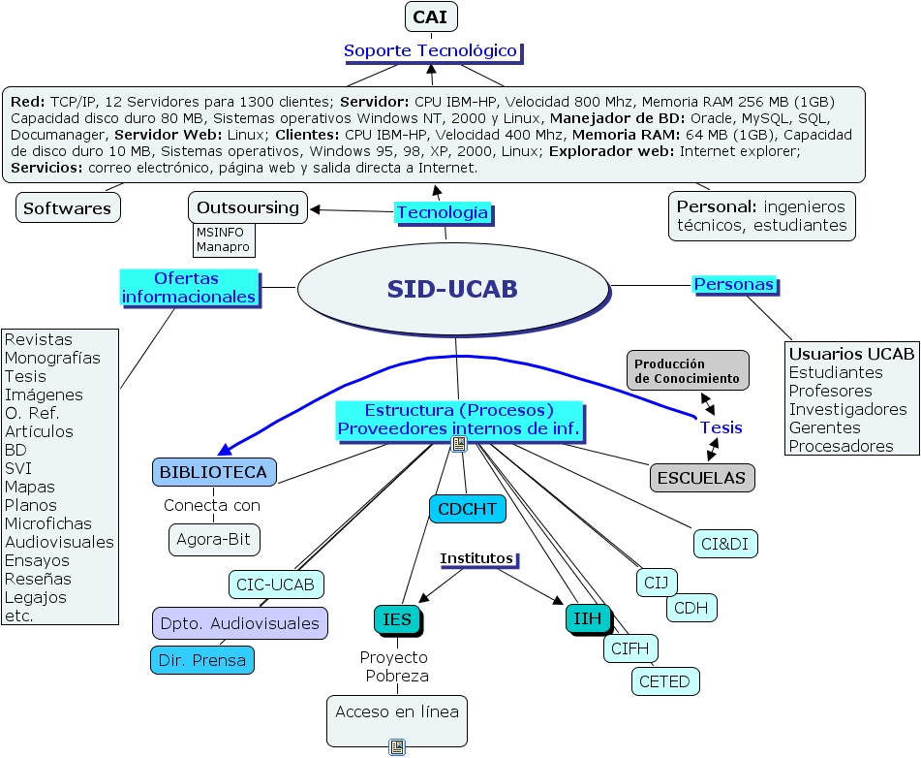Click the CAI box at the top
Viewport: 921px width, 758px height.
(x=430, y=16)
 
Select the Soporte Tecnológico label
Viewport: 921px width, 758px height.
(x=431, y=50)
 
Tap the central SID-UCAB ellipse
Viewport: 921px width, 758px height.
(x=452, y=288)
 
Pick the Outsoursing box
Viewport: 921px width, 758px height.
(x=248, y=207)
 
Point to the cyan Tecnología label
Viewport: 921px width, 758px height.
(x=443, y=212)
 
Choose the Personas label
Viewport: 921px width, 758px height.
(x=734, y=284)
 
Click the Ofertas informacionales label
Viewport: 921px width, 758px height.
(x=190, y=287)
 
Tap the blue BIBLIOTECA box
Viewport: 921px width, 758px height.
(x=214, y=472)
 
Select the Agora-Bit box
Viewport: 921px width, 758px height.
(x=215, y=539)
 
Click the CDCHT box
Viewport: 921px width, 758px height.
(x=467, y=509)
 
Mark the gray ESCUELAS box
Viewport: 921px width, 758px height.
(x=702, y=477)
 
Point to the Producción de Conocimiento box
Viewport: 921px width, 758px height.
(x=688, y=370)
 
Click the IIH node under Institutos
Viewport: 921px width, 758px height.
(x=588, y=618)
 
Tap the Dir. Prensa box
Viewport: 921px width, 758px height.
(x=202, y=660)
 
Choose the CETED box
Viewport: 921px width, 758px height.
(x=665, y=681)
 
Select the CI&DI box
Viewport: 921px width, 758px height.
(x=725, y=544)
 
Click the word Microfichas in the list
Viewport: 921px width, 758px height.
(x=47, y=523)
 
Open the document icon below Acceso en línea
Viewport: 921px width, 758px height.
(x=397, y=746)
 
